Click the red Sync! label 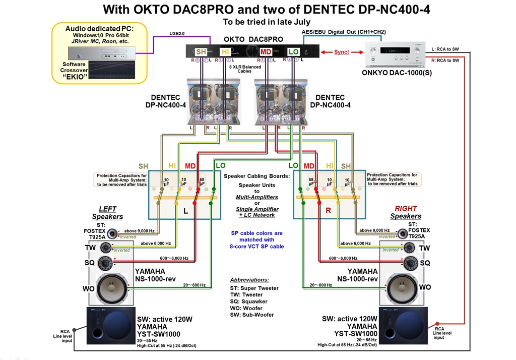tap(342, 52)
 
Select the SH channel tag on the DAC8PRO tap(201, 52)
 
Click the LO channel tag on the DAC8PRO tap(293, 52)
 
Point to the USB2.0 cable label tap(177, 34)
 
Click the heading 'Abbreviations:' tap(249, 279)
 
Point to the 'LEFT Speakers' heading tap(107, 213)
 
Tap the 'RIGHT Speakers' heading tap(406, 212)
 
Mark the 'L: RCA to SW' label tap(445, 49)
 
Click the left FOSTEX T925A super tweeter tap(110, 232)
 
